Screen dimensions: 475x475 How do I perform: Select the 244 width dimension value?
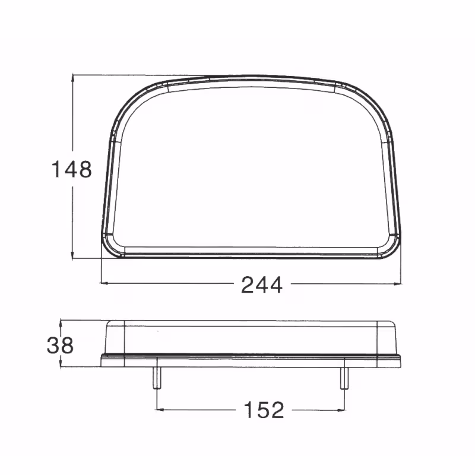tap(261, 285)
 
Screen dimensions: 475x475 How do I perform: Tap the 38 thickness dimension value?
tap(60, 345)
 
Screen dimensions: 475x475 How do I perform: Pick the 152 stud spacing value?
tap(264, 409)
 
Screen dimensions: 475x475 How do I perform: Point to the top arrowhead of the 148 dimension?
tap(72, 78)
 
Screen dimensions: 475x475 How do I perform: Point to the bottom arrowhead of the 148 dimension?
tap(72, 256)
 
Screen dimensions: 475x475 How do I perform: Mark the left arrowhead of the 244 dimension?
tap(104, 284)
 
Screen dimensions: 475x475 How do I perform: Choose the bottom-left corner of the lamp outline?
tap(107, 249)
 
